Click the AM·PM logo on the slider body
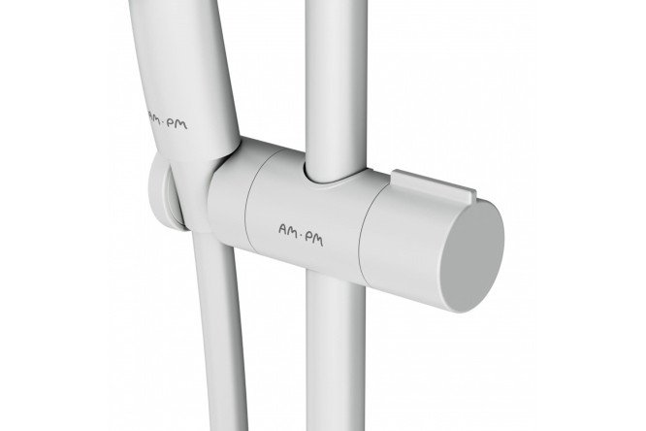coord(301,235)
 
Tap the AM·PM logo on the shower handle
coord(167,120)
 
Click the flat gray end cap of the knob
coord(472,258)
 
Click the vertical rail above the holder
coord(337,86)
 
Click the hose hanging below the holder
coord(219,330)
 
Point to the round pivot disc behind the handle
coord(163,192)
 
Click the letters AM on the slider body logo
coord(288,230)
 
